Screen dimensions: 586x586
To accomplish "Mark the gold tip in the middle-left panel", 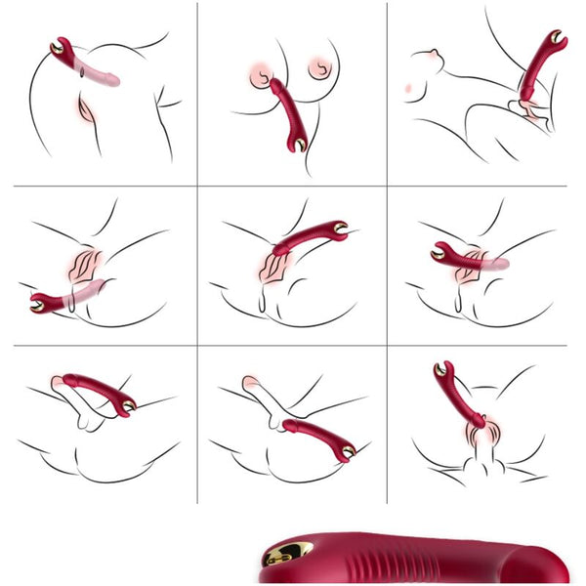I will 39,304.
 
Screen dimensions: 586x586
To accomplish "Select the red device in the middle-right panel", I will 459,258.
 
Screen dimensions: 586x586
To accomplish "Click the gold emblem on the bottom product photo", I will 289,554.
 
